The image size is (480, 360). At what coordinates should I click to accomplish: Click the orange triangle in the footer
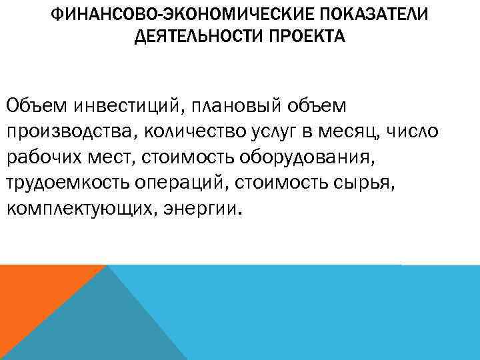(33, 293)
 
